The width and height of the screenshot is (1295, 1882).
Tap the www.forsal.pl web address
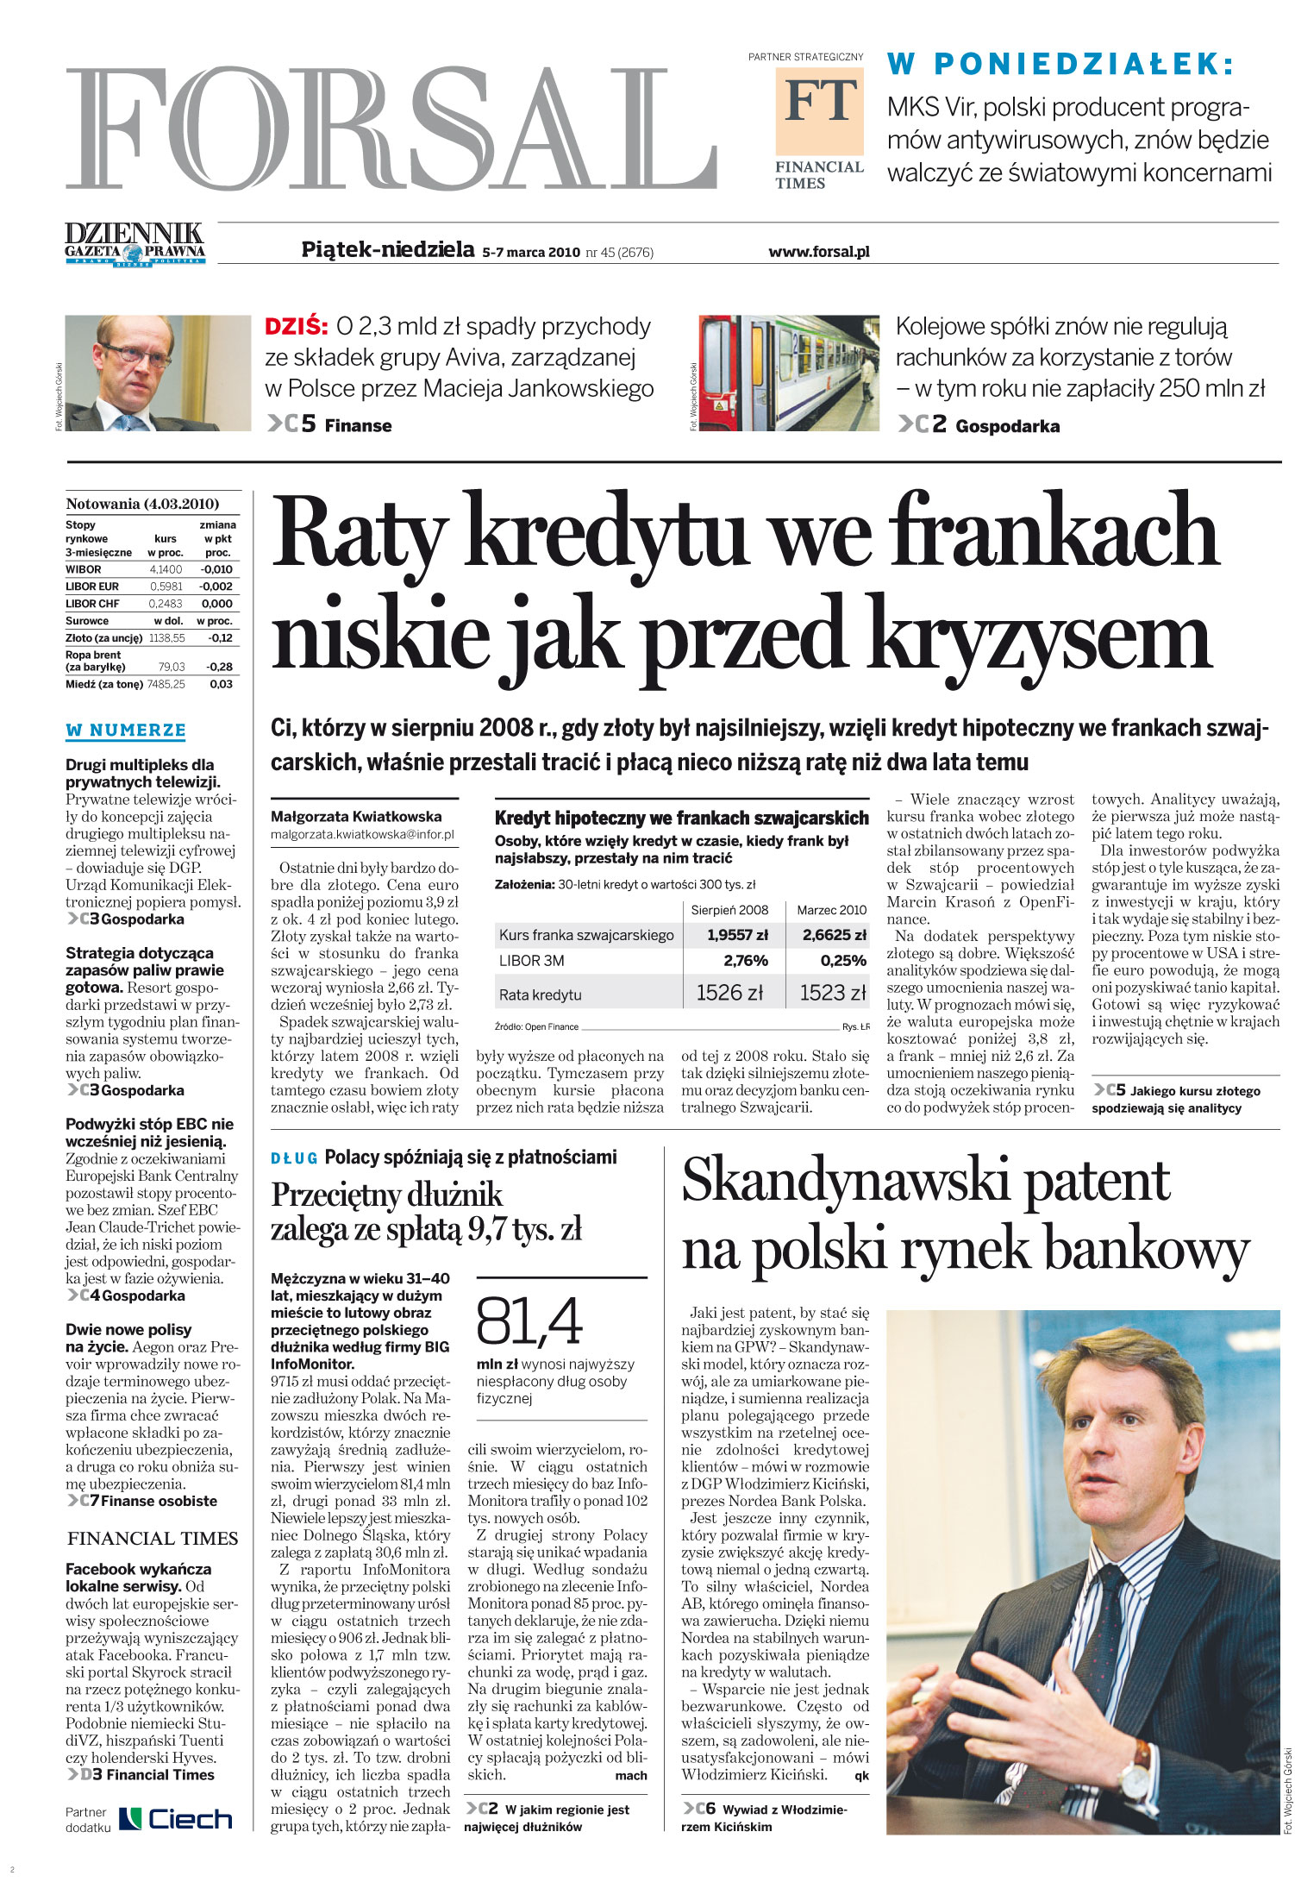pos(818,252)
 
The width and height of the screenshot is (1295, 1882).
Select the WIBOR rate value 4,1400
pos(166,569)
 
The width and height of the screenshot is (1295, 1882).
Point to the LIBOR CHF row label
pos(92,604)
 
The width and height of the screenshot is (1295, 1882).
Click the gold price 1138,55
pos(166,638)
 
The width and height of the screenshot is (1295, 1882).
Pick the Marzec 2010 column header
pos(831,910)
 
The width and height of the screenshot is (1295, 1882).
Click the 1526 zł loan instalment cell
pos(729,993)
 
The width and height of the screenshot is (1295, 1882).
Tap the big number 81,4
pos(529,1321)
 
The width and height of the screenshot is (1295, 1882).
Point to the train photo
pos(788,373)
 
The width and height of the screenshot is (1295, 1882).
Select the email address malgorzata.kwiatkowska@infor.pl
pos(362,834)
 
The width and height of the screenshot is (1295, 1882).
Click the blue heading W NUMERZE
pos(126,731)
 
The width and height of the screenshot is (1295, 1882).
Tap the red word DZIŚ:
pos(296,327)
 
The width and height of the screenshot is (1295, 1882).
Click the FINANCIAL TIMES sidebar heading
pos(153,1539)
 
